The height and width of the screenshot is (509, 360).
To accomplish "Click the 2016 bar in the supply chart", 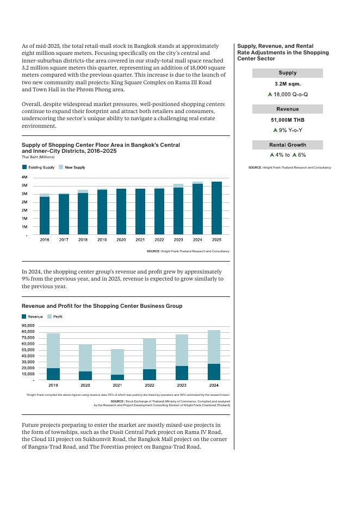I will click(45, 215).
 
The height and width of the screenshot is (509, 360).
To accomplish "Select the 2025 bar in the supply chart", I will click(216, 208).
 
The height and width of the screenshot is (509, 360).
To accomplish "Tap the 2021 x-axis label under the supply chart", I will click(140, 239).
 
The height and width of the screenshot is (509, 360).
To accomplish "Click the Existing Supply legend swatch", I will click(24, 167).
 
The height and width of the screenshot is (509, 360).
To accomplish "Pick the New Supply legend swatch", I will click(61, 167).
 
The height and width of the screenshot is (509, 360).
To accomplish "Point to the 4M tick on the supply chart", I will click(24, 177).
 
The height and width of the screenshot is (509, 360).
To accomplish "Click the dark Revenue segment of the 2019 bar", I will click(53, 374).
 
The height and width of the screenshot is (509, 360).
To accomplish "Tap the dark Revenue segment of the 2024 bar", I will click(214, 371).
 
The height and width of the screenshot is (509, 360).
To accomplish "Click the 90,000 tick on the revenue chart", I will click(28, 325).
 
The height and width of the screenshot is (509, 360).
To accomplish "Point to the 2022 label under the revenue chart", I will click(150, 385).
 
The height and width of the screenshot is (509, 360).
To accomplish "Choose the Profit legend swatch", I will click(49, 316).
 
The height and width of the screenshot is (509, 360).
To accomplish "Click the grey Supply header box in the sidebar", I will click(288, 73).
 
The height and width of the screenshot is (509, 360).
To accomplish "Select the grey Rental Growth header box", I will click(288, 145).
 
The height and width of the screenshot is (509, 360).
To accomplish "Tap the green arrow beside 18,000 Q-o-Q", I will click(270, 94).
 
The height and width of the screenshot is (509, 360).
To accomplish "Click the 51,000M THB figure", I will click(288, 120).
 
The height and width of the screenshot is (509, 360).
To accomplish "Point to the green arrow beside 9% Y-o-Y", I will click(275, 130).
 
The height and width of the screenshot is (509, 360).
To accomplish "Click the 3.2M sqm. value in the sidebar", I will click(288, 84).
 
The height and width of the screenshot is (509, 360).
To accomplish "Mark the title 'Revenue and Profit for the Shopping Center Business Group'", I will click(102, 306).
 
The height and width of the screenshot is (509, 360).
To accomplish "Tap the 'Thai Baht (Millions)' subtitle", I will click(38, 157).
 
